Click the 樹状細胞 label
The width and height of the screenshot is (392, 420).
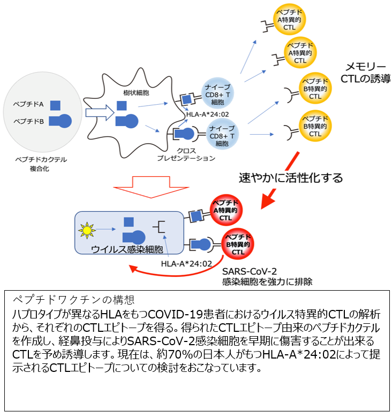[x=135, y=93]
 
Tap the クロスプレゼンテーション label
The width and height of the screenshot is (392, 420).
[x=186, y=154]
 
